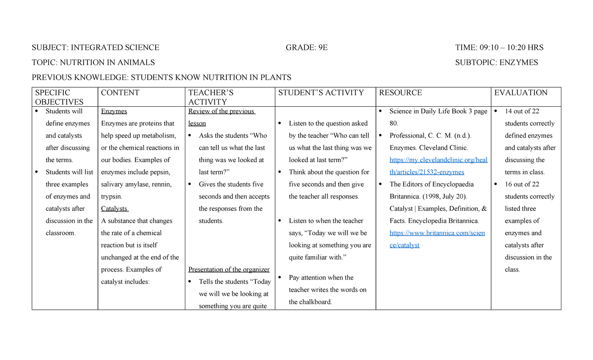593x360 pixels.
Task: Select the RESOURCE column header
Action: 400,93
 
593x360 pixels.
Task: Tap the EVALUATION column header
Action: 521,93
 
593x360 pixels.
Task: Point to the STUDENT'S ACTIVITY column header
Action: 321,93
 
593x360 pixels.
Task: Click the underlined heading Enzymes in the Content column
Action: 114,112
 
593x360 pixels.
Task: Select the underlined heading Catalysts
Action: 114,209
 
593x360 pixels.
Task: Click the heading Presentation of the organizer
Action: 229,270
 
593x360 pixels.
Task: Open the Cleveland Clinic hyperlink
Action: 431,166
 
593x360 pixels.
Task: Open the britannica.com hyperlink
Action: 431,239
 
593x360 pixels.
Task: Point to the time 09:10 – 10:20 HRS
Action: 511,48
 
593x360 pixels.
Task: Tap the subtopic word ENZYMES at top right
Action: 518,63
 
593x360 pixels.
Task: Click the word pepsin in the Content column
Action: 160,172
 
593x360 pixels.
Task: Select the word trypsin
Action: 111,197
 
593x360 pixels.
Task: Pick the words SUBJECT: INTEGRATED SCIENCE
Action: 95,48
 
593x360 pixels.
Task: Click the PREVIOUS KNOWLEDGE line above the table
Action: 162,78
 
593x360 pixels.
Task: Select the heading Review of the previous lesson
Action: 221,118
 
